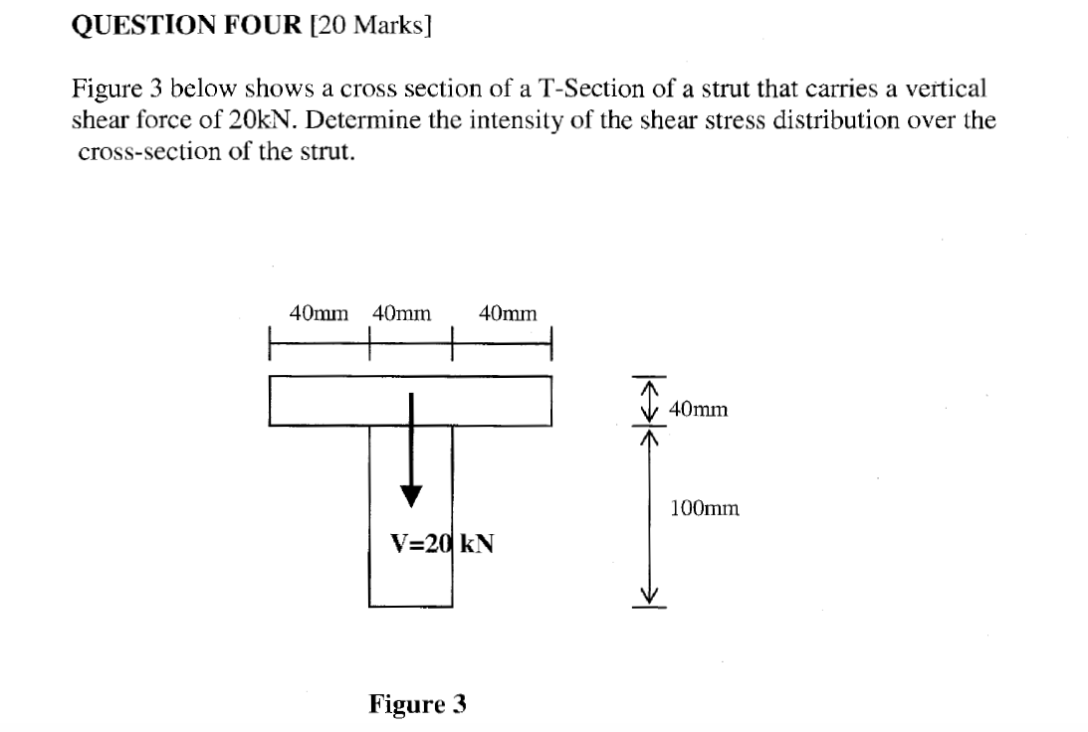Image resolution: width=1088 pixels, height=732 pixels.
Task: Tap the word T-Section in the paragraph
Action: tap(579, 90)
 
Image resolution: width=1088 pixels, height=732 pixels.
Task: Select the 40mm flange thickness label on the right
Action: tap(699, 409)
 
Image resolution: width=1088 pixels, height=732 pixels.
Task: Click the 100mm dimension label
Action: tap(705, 509)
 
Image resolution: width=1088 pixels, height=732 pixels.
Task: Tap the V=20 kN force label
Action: tap(443, 544)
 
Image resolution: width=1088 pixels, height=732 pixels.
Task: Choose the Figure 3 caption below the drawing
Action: tap(417, 705)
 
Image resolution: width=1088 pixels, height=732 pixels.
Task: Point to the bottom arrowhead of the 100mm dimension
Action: tap(649, 596)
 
